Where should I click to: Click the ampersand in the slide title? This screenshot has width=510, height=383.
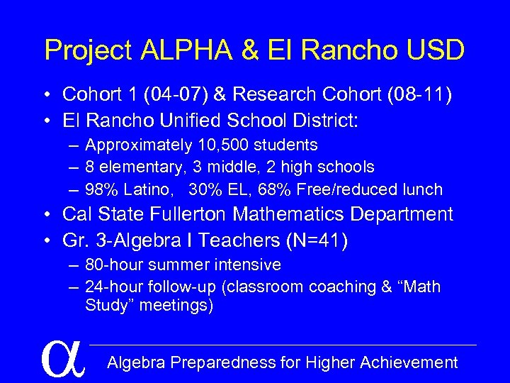(251, 50)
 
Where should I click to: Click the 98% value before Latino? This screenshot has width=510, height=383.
(101, 189)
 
